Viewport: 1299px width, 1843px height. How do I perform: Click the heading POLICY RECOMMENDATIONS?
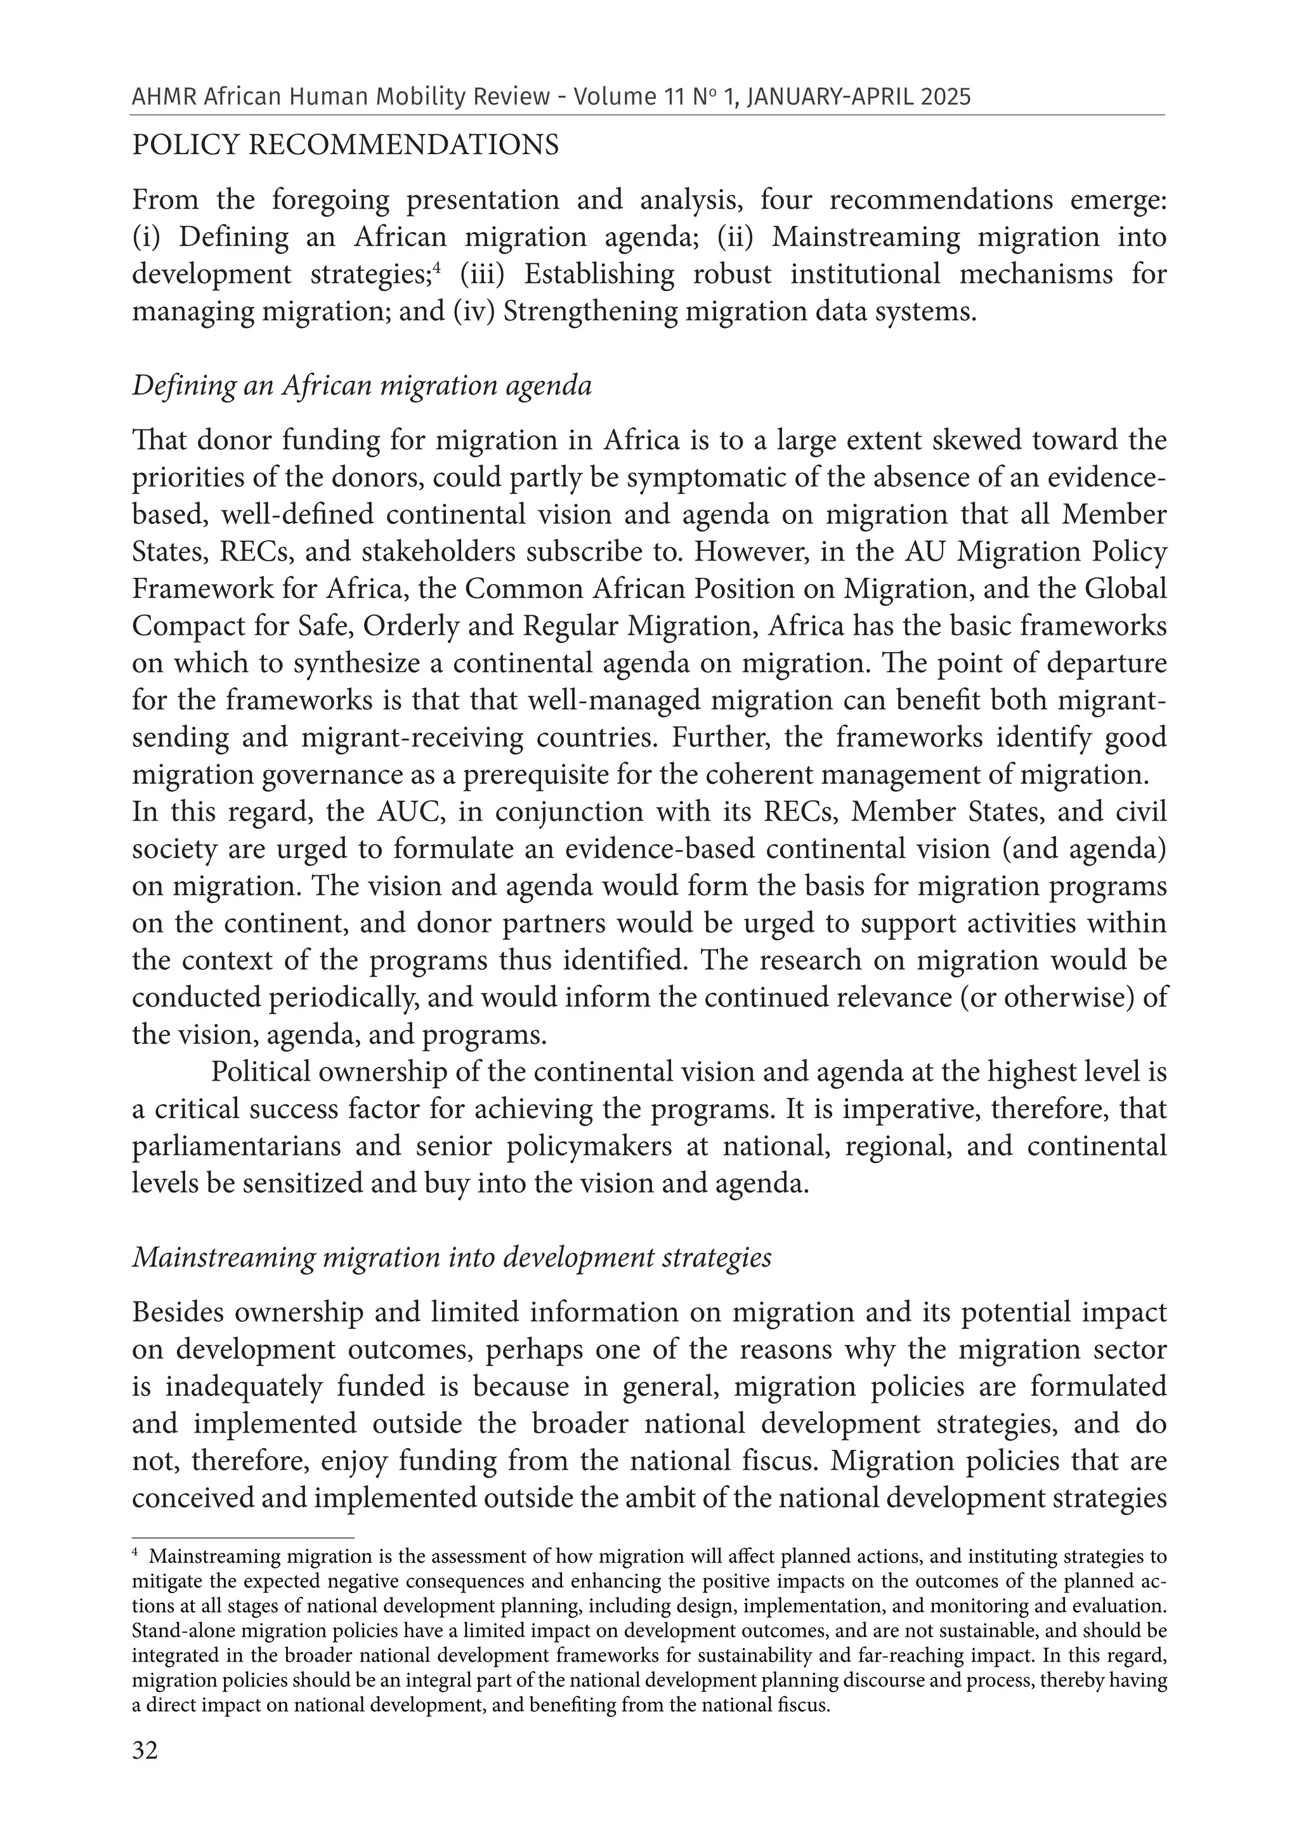(x=345, y=145)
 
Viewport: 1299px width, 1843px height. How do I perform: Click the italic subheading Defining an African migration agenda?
(x=362, y=386)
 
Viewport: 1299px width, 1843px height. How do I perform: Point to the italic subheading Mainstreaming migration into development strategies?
(x=451, y=1257)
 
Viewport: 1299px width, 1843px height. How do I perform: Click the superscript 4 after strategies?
(x=438, y=268)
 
